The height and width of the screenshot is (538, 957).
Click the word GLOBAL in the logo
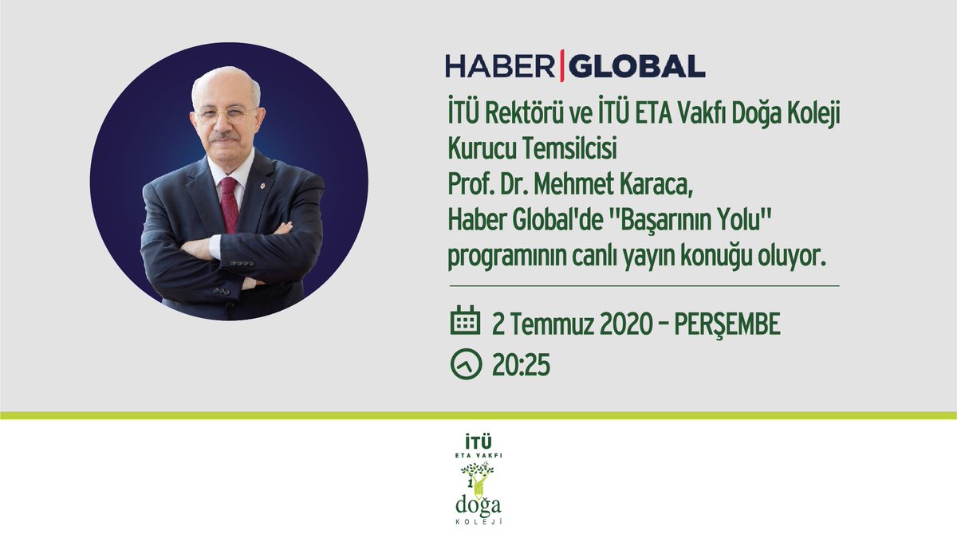point(637,66)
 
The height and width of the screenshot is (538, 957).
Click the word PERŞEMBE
point(727,324)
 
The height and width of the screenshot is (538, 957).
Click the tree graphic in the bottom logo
point(478,477)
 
